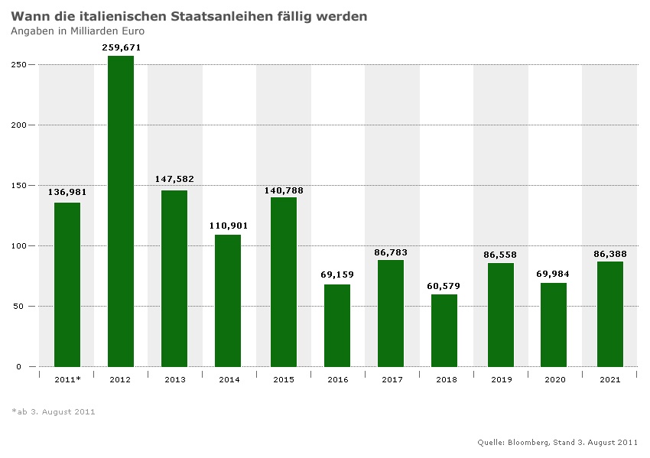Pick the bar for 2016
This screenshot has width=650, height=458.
[336, 325]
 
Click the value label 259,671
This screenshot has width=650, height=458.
[122, 47]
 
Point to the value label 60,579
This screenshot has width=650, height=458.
[444, 286]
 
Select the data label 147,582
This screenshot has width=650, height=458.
[174, 179]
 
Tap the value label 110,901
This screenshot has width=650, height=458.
[229, 226]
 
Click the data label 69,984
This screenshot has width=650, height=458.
[554, 274]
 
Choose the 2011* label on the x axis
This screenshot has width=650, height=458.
[68, 379]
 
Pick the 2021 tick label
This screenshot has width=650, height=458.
[609, 379]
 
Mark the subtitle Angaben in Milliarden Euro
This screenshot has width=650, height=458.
[77, 31]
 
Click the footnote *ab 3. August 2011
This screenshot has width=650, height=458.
[54, 411]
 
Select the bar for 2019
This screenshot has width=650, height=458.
[501, 314]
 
